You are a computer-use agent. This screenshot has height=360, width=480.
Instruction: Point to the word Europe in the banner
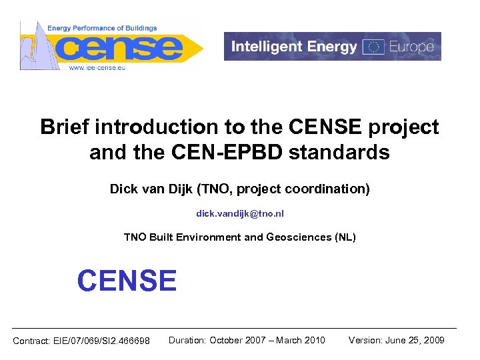coord(411,47)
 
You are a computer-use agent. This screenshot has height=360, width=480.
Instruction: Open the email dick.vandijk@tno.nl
coord(239,214)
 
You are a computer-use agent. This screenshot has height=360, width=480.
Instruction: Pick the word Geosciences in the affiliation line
coord(298,237)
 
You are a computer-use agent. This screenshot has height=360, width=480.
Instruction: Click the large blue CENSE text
coord(127,281)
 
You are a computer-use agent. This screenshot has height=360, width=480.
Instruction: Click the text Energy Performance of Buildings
coord(102,28)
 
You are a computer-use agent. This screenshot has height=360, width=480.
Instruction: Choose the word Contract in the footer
coord(31,341)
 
